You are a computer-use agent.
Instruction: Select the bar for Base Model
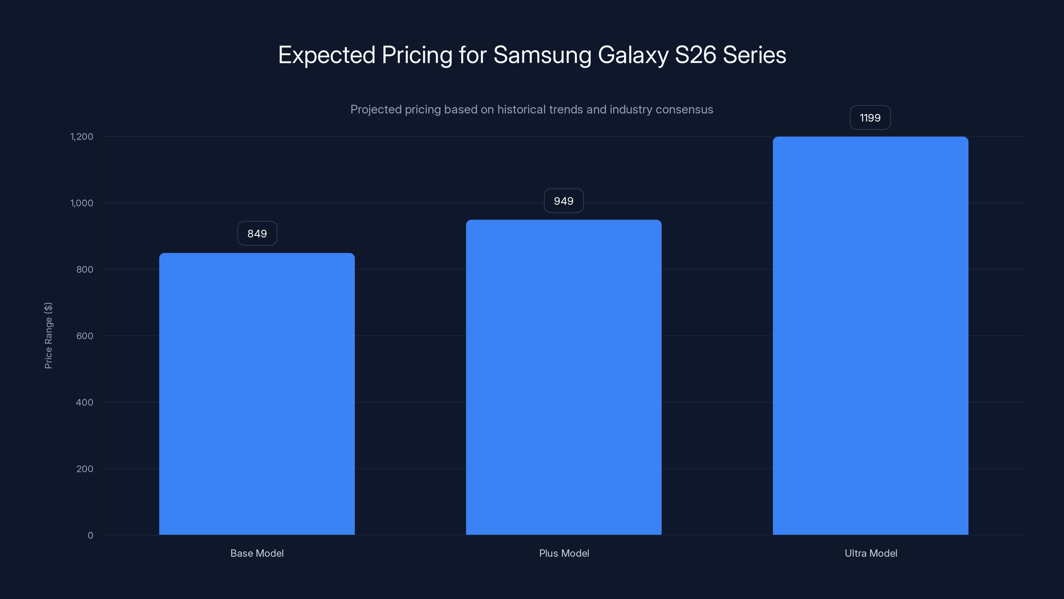(257, 394)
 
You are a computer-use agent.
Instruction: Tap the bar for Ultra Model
(870, 336)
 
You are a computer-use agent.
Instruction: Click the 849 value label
(257, 234)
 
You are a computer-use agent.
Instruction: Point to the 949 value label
(563, 201)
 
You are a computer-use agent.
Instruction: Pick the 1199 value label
(870, 118)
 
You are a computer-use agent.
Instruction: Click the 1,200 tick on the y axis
(82, 136)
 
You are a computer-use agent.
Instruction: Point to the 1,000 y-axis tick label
(82, 203)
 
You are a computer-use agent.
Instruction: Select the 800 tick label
(85, 270)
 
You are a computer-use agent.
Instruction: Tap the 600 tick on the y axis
(85, 336)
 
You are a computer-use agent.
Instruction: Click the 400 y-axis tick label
(85, 402)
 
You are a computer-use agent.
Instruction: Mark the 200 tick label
(85, 469)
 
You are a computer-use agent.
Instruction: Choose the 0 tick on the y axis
(90, 535)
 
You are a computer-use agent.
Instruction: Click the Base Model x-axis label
(257, 553)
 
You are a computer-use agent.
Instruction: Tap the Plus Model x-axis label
(564, 553)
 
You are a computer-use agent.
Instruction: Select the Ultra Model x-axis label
(871, 553)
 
